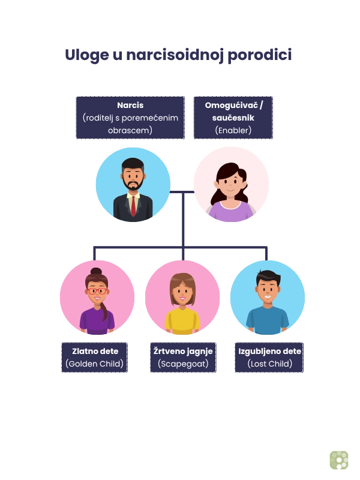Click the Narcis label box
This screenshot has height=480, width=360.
(x=130, y=118)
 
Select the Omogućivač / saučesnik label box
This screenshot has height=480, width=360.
(x=233, y=118)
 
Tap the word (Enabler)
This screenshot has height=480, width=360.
(x=233, y=130)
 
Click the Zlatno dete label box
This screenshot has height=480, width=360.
(x=94, y=357)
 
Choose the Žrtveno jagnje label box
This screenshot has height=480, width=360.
(x=182, y=357)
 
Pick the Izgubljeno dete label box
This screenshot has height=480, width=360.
(x=269, y=357)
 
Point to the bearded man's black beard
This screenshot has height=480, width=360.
(x=133, y=184)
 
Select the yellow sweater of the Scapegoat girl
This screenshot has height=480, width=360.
(x=182, y=321)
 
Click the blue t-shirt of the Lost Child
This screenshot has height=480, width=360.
(x=268, y=321)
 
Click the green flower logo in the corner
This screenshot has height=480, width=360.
(x=338, y=459)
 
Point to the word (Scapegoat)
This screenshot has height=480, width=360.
(x=182, y=364)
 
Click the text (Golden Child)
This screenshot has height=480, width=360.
(x=94, y=364)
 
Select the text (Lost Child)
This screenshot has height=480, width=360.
(x=269, y=364)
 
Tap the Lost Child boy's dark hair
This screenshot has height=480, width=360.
(x=268, y=278)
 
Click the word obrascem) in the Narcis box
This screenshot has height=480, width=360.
(x=130, y=130)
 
